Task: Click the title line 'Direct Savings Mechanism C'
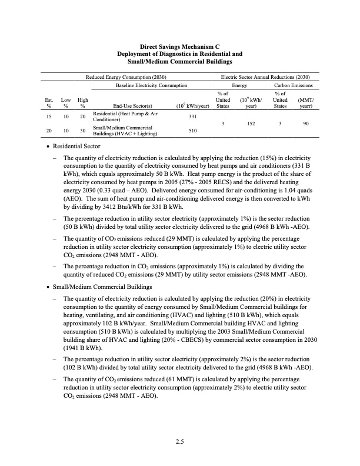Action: click(180, 46)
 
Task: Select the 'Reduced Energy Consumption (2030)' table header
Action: click(126, 78)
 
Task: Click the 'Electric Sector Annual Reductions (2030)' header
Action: click(265, 78)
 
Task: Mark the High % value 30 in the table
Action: click(83, 131)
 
